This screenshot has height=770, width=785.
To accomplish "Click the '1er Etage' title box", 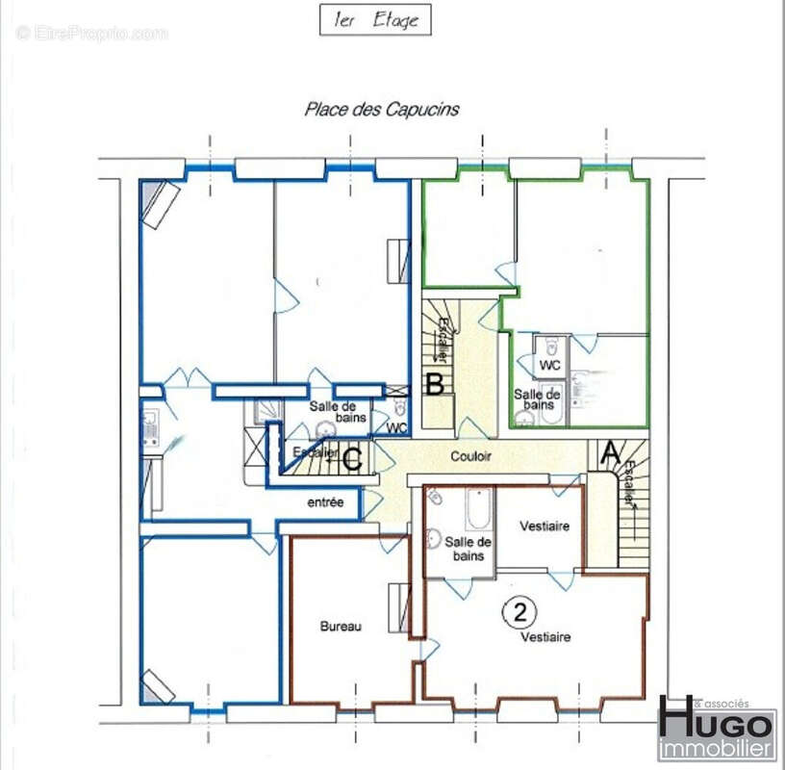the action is click(375, 20).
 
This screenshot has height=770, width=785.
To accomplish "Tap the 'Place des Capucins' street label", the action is click(382, 109).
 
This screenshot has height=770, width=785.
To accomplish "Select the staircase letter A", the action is click(610, 452).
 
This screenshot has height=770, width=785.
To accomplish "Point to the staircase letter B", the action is click(435, 385).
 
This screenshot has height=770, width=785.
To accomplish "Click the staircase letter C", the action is click(353, 459).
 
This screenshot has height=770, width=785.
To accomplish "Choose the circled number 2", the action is click(519, 612).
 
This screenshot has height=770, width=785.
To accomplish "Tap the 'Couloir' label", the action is click(470, 456).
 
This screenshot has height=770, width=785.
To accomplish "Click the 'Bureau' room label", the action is click(341, 627).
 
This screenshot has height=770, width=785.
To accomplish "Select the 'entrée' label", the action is click(325, 502).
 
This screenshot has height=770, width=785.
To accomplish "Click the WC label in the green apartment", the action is click(549, 365).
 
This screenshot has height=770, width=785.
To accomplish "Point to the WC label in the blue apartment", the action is click(397, 428).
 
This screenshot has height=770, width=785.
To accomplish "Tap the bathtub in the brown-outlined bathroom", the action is click(479, 509).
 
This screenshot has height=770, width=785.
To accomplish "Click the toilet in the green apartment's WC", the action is click(551, 346).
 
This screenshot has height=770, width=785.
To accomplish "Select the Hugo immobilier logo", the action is click(717, 728).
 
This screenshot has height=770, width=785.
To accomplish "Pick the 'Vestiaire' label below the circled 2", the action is click(545, 637).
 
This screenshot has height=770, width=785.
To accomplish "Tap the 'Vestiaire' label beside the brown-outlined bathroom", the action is click(544, 526).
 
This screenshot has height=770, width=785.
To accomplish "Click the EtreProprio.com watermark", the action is click(91, 34).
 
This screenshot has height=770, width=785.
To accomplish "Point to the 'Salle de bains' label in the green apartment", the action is click(537, 399).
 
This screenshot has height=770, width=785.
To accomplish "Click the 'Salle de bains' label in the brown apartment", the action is click(468, 549).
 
